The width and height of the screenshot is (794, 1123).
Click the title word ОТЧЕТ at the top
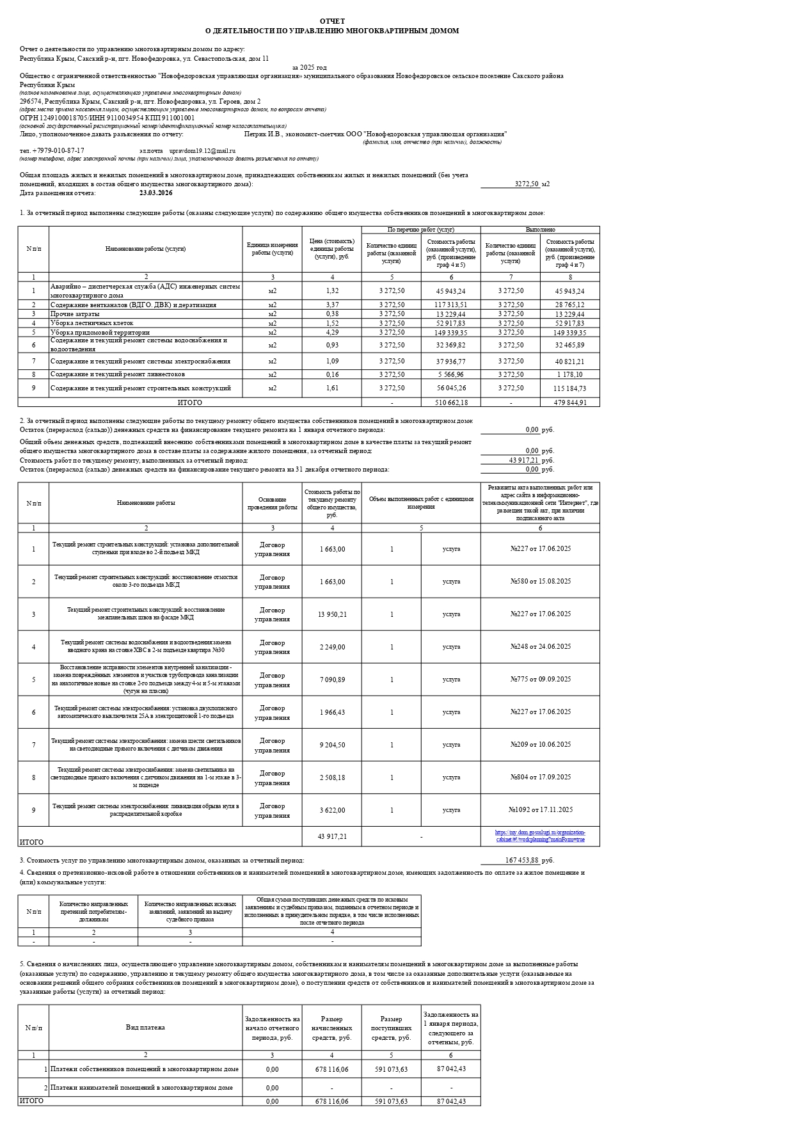click(332, 21)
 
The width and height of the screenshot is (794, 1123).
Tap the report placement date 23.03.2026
click(155, 193)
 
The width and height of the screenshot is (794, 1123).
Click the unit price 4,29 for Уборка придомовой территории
click(331, 332)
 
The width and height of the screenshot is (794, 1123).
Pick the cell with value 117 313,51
click(450, 305)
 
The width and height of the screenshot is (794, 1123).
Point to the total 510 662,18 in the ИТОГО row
click(450, 402)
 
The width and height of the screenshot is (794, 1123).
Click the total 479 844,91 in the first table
click(569, 402)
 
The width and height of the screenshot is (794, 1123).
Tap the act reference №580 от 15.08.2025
click(540, 581)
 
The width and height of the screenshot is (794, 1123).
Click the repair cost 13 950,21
click(331, 614)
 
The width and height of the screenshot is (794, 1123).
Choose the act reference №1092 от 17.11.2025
click(540, 809)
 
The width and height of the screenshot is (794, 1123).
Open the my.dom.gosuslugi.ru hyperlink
click(540, 836)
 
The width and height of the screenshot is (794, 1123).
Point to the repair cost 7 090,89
click(331, 680)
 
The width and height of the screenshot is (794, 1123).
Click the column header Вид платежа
click(145, 1027)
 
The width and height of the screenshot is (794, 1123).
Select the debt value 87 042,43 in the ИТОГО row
click(451, 1101)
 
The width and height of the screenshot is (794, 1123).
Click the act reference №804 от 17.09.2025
click(540, 777)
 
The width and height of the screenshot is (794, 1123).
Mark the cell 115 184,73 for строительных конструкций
click(569, 388)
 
